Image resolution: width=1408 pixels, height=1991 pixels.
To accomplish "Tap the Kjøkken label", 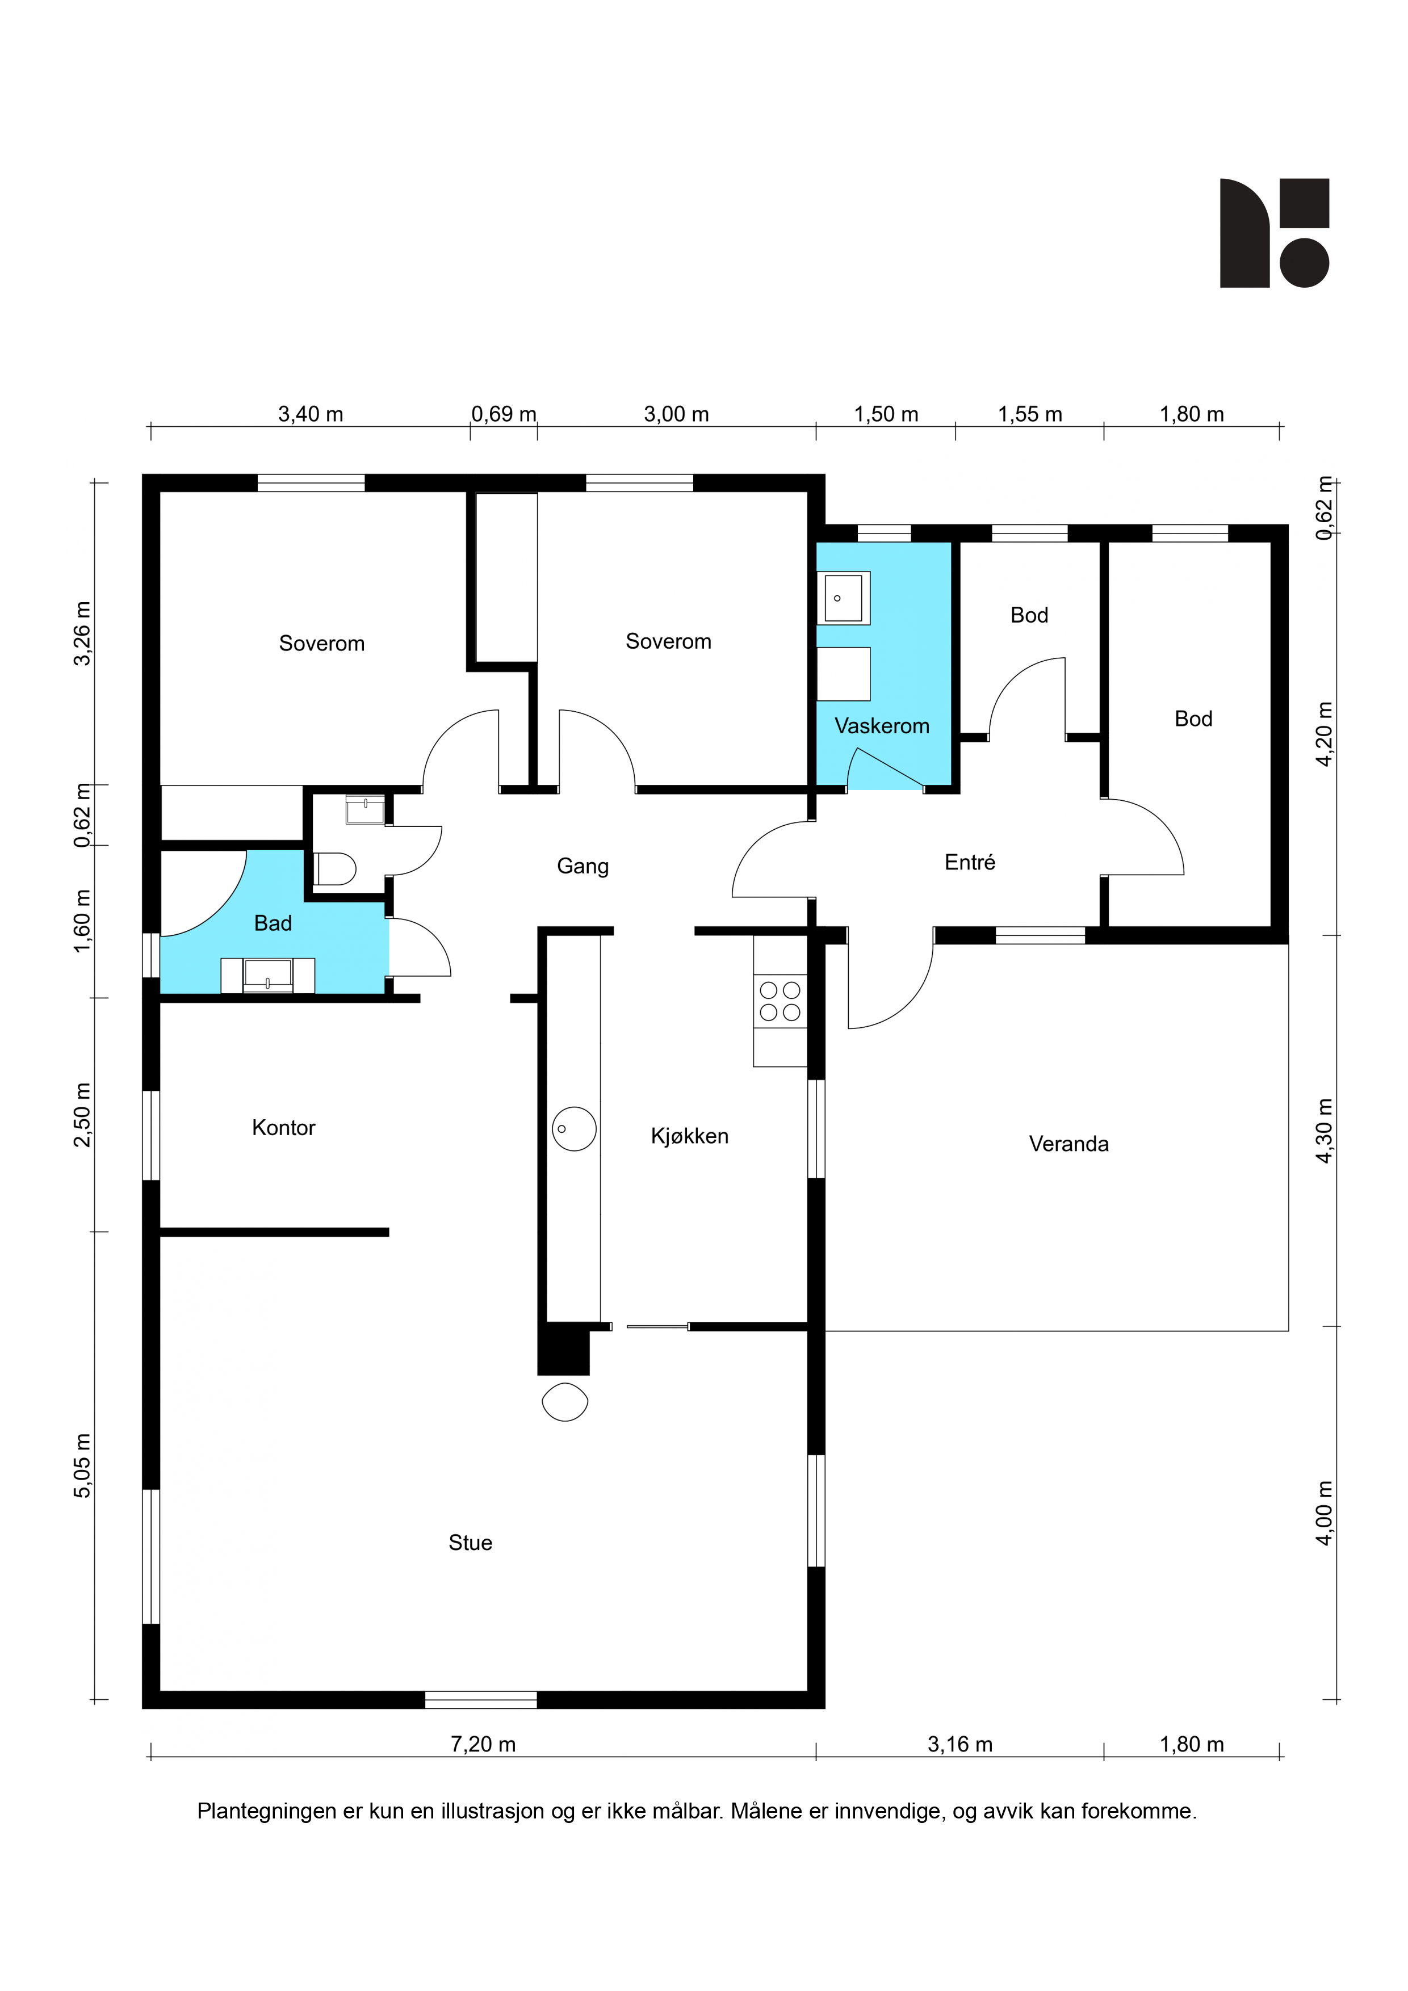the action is [x=690, y=1136].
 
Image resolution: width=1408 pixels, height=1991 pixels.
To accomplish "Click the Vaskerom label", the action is [x=881, y=726].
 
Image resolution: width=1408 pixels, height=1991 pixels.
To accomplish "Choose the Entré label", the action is [x=970, y=862].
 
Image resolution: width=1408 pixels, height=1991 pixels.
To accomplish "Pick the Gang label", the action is [x=583, y=866].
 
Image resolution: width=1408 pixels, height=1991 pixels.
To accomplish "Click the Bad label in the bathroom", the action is [x=273, y=923].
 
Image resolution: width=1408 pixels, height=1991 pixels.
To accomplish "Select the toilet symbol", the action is [x=335, y=869].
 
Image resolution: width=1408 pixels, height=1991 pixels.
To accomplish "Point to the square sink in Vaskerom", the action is [x=843, y=598].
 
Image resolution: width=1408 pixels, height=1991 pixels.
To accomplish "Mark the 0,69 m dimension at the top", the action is [x=504, y=414].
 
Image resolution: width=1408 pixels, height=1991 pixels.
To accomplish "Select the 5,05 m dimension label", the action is [x=82, y=1465].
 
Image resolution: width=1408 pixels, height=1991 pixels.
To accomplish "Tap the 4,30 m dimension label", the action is [x=1325, y=1131].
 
